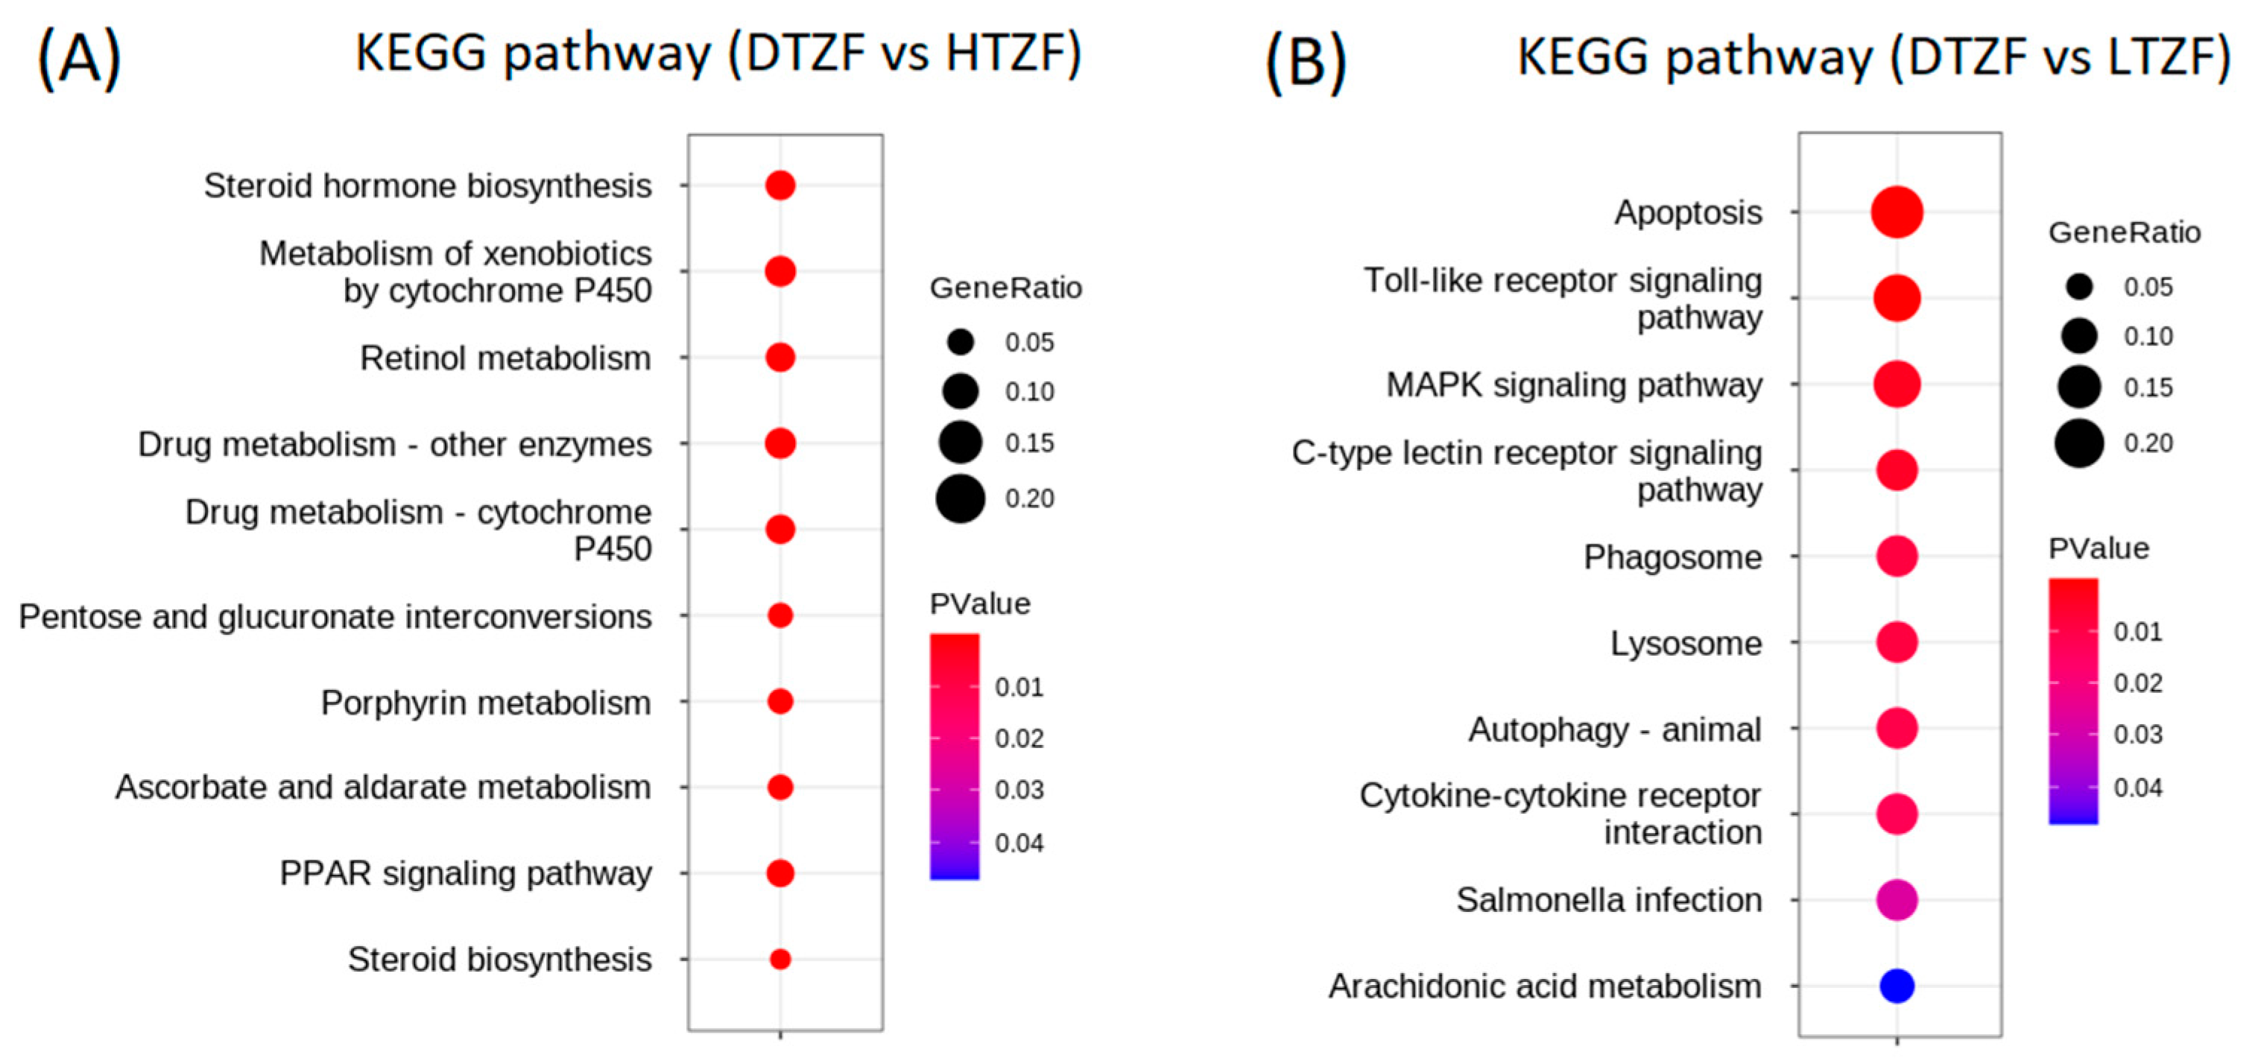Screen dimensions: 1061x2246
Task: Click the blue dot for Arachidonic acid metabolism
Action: point(1897,986)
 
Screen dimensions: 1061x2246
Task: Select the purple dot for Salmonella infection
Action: point(1897,900)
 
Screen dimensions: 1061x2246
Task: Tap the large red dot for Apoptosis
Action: point(1897,212)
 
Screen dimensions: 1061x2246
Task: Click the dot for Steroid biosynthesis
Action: point(780,959)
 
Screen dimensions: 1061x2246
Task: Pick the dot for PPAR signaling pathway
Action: point(780,872)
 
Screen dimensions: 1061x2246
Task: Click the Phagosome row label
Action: point(1672,557)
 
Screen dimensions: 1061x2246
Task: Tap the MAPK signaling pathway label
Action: point(1574,384)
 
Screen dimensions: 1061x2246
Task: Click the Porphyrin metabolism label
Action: point(486,703)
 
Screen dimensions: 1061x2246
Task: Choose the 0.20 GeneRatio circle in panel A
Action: point(960,498)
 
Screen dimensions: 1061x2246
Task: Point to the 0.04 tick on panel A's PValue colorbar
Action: point(1019,843)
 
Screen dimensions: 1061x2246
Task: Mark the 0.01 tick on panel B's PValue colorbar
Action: point(2137,631)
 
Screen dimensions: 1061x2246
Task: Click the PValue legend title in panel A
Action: point(979,604)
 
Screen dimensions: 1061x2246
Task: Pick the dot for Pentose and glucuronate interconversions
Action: point(780,615)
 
